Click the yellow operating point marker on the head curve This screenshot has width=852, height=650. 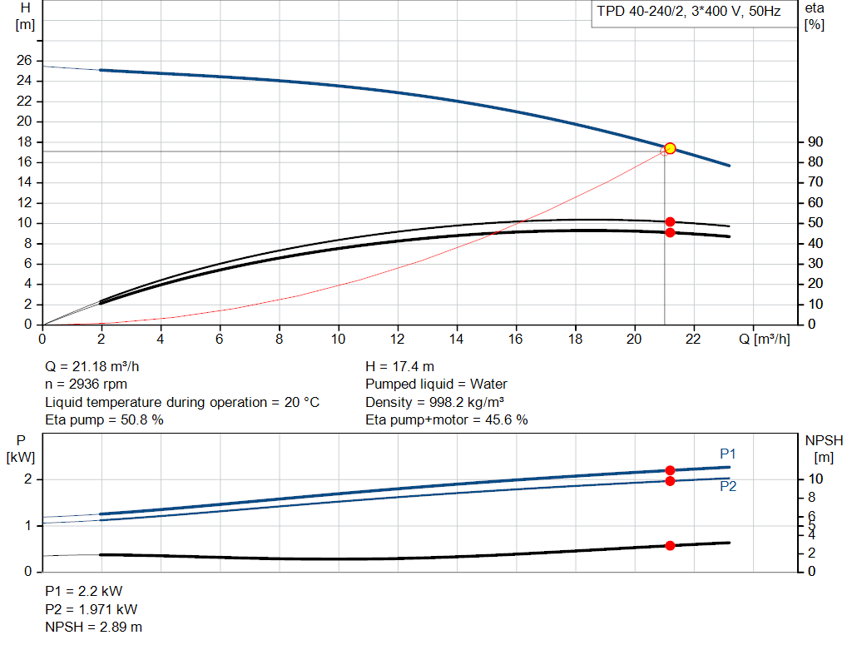click(x=670, y=148)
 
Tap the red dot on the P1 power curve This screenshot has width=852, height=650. click(x=670, y=470)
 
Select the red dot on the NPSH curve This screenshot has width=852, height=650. click(x=670, y=545)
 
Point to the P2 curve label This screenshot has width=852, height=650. click(x=728, y=487)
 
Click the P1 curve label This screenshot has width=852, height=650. click(x=728, y=454)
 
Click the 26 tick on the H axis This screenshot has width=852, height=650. click(x=24, y=61)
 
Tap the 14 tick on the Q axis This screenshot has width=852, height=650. click(x=456, y=339)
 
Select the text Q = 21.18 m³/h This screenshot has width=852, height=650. click(x=98, y=366)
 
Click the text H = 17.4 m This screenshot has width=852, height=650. click(x=400, y=366)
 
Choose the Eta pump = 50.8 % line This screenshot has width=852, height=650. click(x=104, y=420)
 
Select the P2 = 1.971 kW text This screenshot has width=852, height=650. click(x=91, y=609)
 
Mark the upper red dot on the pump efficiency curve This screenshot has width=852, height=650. click(x=670, y=221)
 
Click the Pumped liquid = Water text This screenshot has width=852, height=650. click(x=436, y=385)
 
